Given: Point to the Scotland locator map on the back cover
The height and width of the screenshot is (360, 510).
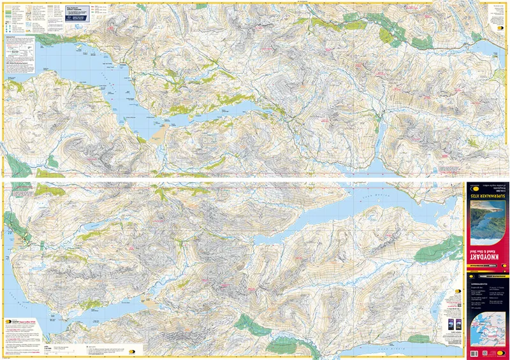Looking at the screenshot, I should point(486,332).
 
